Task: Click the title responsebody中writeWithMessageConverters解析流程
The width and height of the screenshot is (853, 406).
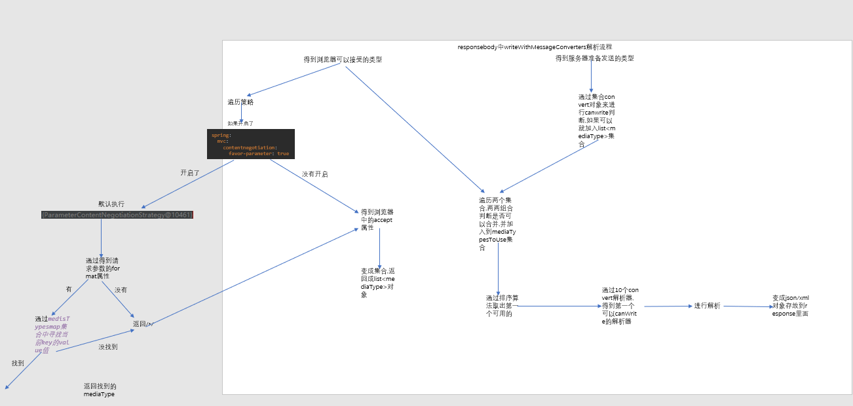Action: pos(535,47)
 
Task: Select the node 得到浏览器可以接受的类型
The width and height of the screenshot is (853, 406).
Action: pos(343,60)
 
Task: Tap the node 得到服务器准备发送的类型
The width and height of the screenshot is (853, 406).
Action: pos(594,58)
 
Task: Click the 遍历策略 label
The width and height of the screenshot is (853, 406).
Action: pos(240,102)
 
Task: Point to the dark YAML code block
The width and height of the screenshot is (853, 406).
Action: pos(251,144)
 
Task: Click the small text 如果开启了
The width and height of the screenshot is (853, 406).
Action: pos(240,123)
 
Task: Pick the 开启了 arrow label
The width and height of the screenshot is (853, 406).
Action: pos(190,173)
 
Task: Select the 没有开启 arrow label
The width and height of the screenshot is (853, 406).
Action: pos(314,175)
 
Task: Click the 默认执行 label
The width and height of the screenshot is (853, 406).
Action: pos(111,204)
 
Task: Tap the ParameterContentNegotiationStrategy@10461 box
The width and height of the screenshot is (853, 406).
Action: pos(117,215)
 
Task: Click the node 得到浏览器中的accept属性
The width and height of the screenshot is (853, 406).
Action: pos(377,220)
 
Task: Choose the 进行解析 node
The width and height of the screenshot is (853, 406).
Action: pos(707,306)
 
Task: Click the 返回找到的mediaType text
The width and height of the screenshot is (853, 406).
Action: pos(100,390)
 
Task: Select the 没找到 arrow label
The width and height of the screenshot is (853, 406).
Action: pos(108,347)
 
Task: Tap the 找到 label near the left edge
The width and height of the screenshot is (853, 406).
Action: pos(18,363)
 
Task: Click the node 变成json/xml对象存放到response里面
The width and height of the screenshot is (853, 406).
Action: pos(790,306)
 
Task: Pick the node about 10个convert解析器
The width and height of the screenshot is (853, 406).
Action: pos(620,306)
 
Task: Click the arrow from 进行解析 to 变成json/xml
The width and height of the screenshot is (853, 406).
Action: pos(747,306)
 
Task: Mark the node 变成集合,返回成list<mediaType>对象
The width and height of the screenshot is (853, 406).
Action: pos(377,282)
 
